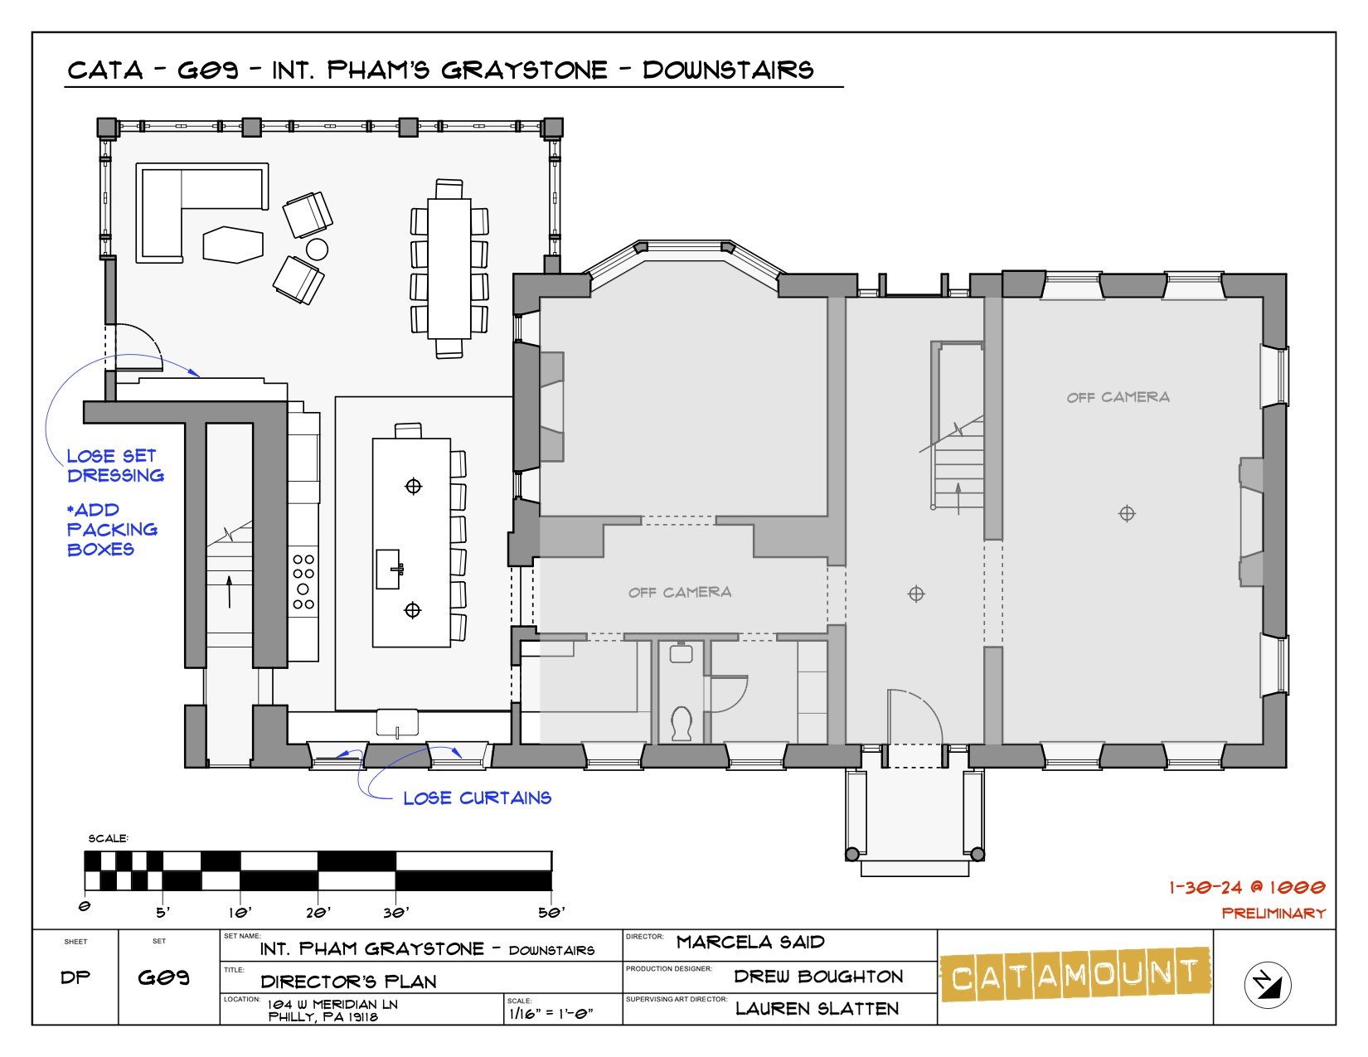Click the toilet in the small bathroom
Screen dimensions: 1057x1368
[x=682, y=723]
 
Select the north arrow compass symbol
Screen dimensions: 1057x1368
[x=1268, y=984]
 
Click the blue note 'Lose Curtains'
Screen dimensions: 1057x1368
[x=477, y=798]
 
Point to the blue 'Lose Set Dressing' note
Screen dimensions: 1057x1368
[x=115, y=466]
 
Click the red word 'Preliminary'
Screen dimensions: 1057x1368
[x=1273, y=913]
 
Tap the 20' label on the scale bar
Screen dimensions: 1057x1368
[x=318, y=913]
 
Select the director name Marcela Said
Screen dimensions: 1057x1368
[x=750, y=943]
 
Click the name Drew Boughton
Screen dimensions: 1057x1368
[x=818, y=977]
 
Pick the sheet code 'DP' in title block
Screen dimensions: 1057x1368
[x=75, y=977]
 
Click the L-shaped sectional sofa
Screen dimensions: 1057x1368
[x=178, y=207]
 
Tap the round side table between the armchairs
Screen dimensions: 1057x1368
[x=317, y=248]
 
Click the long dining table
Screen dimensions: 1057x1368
[x=449, y=268]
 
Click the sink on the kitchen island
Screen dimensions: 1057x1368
[x=390, y=569]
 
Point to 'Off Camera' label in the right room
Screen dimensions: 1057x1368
[x=1118, y=398]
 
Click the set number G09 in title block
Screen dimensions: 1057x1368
[x=164, y=977]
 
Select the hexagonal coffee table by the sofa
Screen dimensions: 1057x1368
[x=234, y=245]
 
